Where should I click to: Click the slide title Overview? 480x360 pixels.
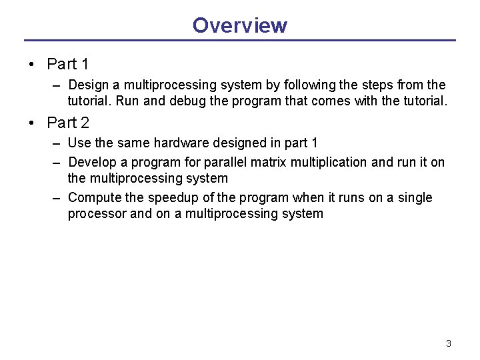240,25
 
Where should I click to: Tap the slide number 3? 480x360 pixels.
449,343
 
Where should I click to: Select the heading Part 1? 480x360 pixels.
67,64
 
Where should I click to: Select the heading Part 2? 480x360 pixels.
68,123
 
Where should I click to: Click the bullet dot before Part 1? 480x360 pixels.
31,64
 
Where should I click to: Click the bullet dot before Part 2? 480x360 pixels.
31,123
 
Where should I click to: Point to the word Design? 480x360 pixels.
89,85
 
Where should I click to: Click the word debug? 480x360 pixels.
187,101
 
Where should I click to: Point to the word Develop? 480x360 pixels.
92,163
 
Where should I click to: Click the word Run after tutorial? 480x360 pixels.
127,101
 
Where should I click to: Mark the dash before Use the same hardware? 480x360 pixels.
56,144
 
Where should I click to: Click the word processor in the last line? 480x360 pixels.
97,214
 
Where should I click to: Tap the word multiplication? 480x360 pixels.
329,163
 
